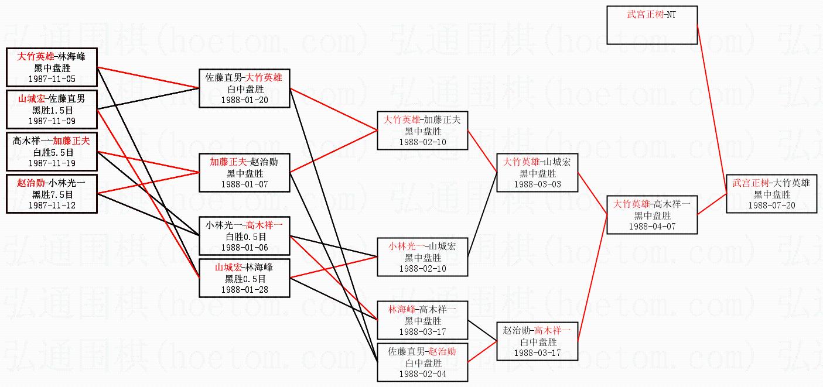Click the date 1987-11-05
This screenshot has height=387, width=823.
tap(52, 78)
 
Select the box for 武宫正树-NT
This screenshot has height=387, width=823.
tap(652, 25)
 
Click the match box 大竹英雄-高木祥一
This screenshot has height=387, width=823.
tap(652, 215)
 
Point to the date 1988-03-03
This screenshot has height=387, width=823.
tap(537, 184)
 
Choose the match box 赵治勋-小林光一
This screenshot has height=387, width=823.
tap(52, 193)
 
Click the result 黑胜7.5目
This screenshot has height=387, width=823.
tap(52, 194)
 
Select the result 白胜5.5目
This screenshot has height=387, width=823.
tap(52, 152)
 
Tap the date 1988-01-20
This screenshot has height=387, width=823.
tap(244, 100)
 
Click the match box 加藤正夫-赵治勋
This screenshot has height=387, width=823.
tap(244, 173)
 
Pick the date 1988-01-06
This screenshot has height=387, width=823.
tap(244, 248)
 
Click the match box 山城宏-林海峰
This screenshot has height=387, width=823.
tap(244, 278)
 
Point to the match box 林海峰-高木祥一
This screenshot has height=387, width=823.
tap(422, 320)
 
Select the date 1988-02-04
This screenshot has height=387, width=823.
tap(422, 374)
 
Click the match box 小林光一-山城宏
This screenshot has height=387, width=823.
tap(422, 256)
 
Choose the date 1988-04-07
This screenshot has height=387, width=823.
tap(652, 226)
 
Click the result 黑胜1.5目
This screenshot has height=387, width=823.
tap(52, 110)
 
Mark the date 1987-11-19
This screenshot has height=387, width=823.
tap(52, 163)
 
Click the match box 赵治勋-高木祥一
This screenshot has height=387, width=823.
tap(537, 341)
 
